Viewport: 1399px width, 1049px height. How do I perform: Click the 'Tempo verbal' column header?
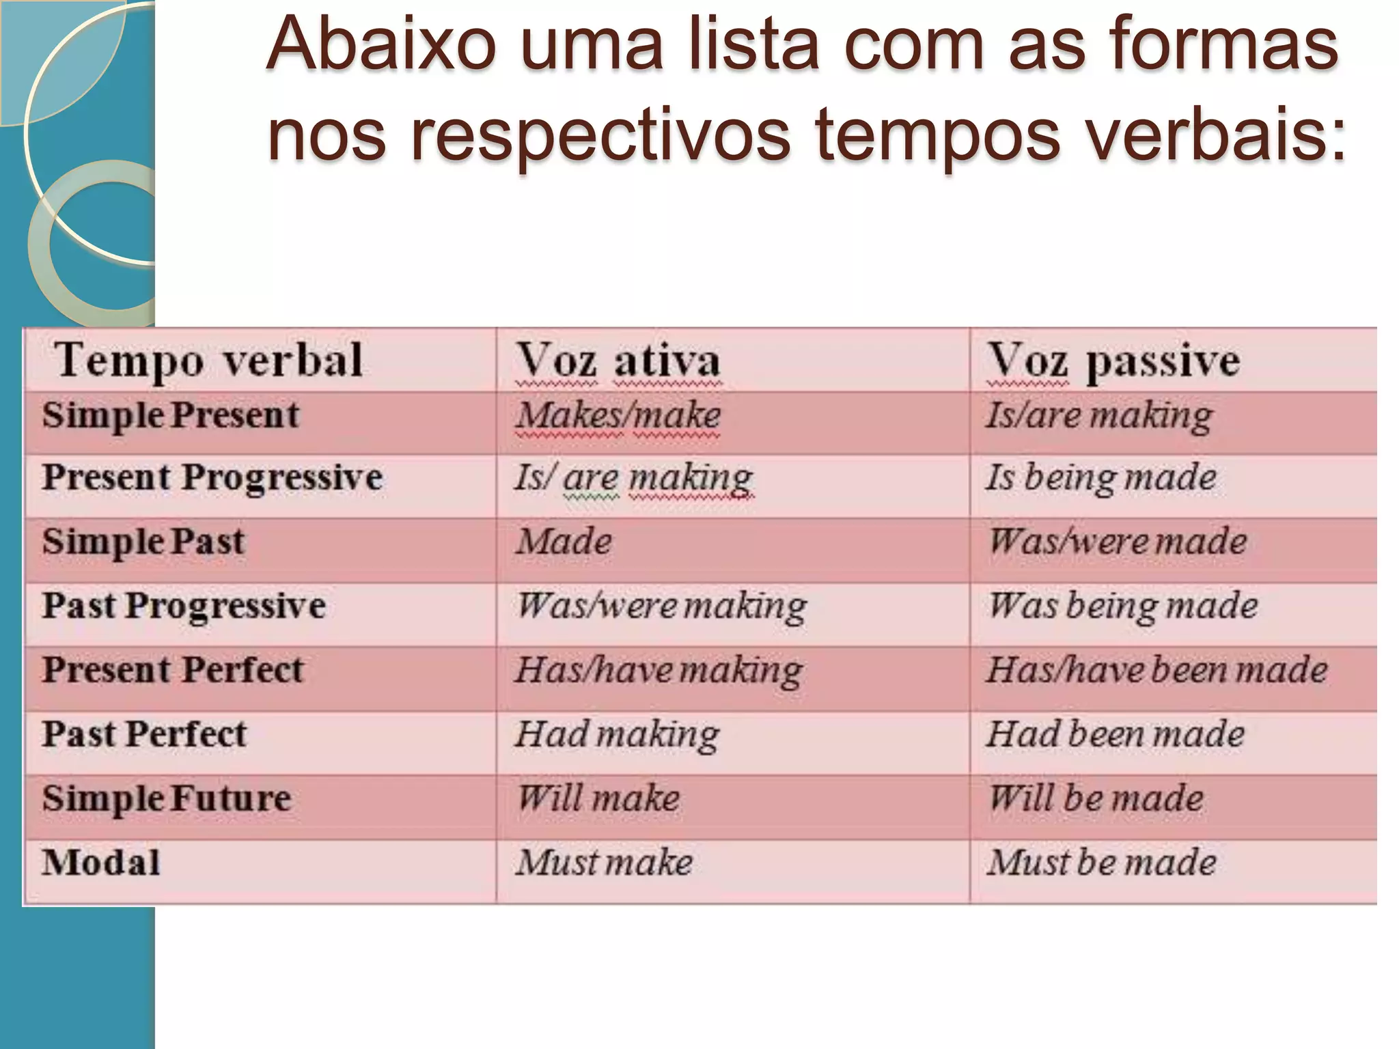208,361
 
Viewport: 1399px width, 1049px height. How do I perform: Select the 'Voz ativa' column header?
618,361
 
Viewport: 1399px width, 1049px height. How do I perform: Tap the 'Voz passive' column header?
1113,361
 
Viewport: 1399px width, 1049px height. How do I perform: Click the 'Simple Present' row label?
171,415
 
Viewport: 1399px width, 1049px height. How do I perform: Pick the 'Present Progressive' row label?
212,477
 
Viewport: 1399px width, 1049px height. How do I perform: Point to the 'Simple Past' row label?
143,542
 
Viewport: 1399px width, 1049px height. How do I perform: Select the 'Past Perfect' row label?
144,735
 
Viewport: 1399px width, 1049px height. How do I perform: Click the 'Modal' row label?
101,863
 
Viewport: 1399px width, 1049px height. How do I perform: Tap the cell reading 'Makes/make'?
618,415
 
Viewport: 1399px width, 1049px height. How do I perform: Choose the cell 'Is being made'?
1100,477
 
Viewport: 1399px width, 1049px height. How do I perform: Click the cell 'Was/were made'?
1118,542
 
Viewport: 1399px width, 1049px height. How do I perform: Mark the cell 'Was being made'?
1123,606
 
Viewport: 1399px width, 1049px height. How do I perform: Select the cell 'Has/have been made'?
1157,670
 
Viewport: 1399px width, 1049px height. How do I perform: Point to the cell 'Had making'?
617,735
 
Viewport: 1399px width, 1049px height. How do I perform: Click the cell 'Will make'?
598,798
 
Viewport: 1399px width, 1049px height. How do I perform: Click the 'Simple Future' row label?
167,798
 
